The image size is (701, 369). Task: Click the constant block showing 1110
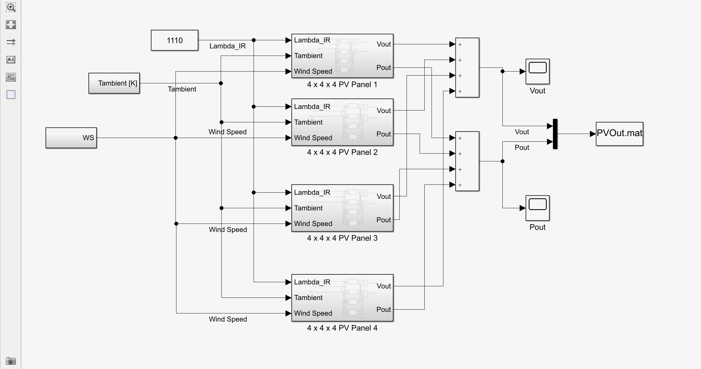(175, 40)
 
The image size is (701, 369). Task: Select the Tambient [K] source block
(114, 83)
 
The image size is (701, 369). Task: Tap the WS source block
(71, 138)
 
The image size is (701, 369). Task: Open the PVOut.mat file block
(620, 134)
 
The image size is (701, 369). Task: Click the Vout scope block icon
(538, 71)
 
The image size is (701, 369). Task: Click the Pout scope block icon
(538, 208)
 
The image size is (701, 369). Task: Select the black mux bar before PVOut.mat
(555, 134)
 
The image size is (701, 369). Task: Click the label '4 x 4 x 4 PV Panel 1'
(342, 85)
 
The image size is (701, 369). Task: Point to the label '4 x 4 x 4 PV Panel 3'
(342, 238)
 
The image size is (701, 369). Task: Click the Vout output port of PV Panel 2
(384, 111)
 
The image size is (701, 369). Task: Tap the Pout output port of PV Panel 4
(384, 309)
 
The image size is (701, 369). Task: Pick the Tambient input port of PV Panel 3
(308, 208)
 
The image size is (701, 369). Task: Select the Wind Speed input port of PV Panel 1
(313, 71)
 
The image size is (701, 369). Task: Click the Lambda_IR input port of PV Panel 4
(312, 282)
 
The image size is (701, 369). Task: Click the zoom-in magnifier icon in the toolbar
(11, 7)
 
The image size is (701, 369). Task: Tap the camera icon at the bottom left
(11, 361)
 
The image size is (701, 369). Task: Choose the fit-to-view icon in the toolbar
(11, 25)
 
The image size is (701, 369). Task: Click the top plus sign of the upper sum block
(460, 45)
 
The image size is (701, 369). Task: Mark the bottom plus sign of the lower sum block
(460, 185)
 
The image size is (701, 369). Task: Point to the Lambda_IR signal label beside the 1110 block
(228, 46)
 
